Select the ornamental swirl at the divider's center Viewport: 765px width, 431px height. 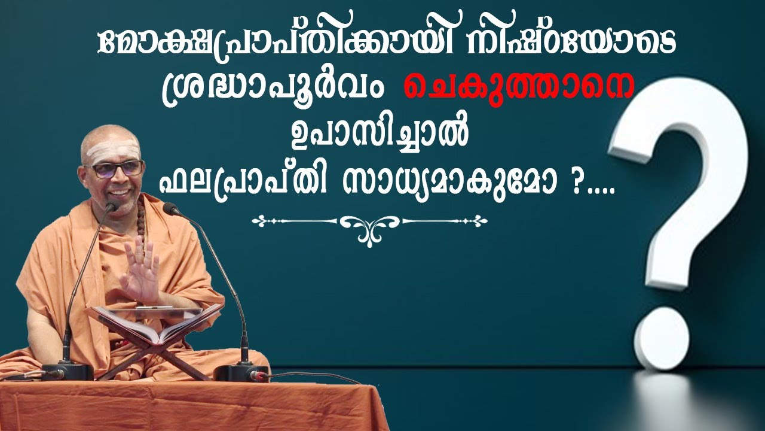(369, 226)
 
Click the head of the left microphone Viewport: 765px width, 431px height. (111, 208)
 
